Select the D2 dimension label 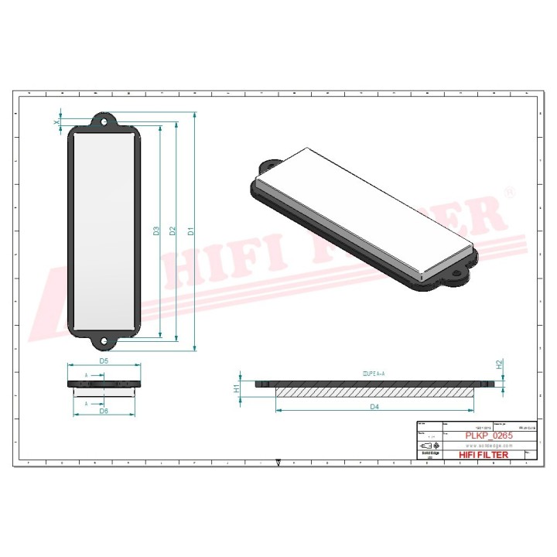[173, 230]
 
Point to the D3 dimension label [156, 230]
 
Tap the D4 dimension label [374, 407]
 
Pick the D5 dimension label [103, 361]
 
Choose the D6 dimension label [103, 411]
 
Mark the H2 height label [500, 363]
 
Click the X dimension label [56, 122]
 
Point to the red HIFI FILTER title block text [484, 455]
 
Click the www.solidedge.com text [484, 446]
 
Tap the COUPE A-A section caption [373, 373]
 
